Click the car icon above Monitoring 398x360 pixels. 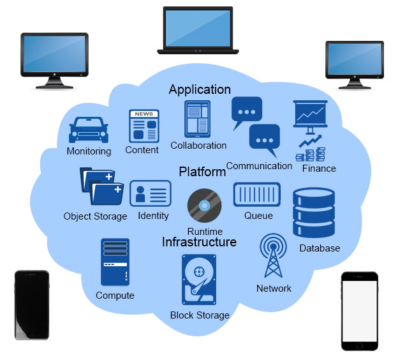pyautogui.click(x=88, y=130)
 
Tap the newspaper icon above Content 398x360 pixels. pyautogui.click(x=144, y=126)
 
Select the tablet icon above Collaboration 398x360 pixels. pyautogui.click(x=197, y=119)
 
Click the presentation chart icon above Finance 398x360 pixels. pyautogui.click(x=310, y=115)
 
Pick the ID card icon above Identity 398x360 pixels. pyautogui.click(x=151, y=193)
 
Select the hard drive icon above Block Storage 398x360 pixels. pyautogui.click(x=200, y=280)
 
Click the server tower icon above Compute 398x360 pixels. pyautogui.click(x=115, y=262)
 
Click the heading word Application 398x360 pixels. pyautogui.click(x=200, y=89)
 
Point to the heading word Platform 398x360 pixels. pyautogui.click(x=202, y=172)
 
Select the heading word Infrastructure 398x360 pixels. pyautogui.click(x=199, y=243)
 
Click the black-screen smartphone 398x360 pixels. pyautogui.click(x=32, y=305)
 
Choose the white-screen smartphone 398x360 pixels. pyautogui.click(x=359, y=310)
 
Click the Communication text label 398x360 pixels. pyautogui.click(x=259, y=166)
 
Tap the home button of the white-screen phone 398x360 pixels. pyautogui.click(x=360, y=345)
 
